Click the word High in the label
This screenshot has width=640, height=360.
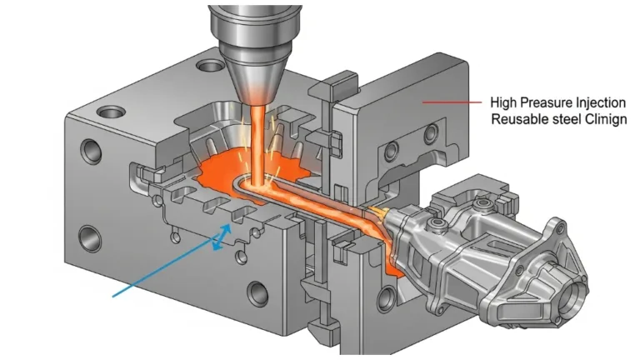pyautogui.click(x=504, y=102)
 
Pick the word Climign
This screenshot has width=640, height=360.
pyautogui.click(x=606, y=120)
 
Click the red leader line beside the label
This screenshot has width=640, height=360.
pyautogui.click(x=452, y=102)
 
